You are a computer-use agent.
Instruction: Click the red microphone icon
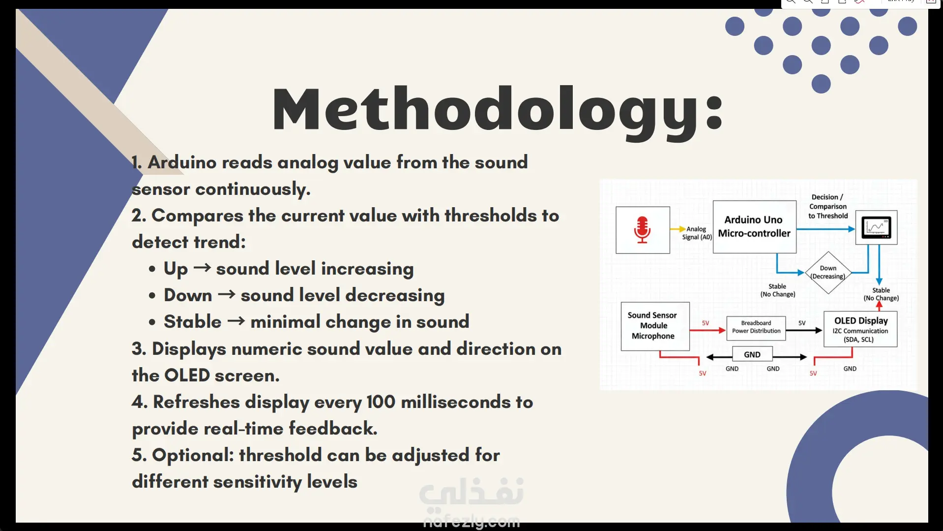[x=642, y=230]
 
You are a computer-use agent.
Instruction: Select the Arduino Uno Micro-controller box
[x=754, y=227]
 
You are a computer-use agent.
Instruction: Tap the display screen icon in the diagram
[x=876, y=227]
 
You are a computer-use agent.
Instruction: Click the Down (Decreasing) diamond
[x=828, y=273]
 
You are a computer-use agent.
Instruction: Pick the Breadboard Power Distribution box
[x=756, y=328]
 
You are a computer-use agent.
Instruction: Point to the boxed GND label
[x=752, y=354]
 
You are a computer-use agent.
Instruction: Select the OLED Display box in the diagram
[x=860, y=329]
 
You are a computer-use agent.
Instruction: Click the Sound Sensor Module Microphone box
[x=655, y=326]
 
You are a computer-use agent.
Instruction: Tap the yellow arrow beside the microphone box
[x=678, y=229]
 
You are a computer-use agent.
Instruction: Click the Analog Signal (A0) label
[x=697, y=233]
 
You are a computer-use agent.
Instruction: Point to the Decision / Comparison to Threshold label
[x=828, y=206]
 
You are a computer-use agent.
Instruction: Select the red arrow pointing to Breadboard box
[x=708, y=330]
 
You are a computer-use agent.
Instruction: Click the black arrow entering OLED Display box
[x=804, y=330]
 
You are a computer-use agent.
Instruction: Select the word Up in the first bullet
[x=176, y=269]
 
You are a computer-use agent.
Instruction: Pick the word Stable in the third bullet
[x=193, y=321]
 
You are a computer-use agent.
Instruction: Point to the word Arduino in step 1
[x=182, y=162]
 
